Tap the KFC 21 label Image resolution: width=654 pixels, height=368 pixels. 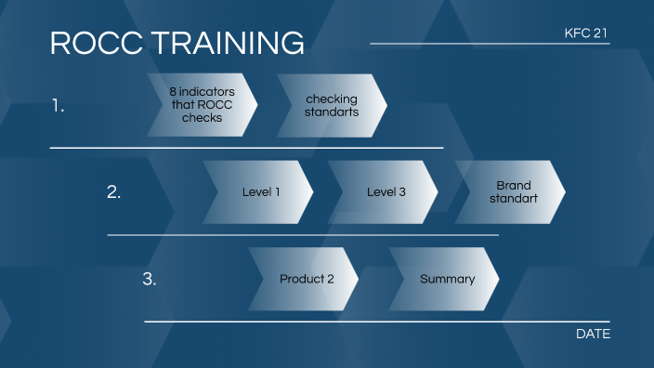[x=587, y=33]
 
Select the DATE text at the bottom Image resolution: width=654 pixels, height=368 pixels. [x=593, y=334]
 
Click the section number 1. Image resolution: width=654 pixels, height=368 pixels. [x=58, y=106]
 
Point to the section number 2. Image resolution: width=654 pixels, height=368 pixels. [x=113, y=192]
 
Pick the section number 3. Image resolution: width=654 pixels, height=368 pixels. [x=149, y=279]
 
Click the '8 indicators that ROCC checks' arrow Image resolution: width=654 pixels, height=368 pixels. [x=202, y=105]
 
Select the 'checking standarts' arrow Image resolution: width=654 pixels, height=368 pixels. [x=332, y=105]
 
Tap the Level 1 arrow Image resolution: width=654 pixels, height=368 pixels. [x=259, y=192]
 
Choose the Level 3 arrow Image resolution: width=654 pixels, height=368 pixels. [x=386, y=192]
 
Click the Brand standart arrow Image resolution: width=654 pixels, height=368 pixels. [x=512, y=192]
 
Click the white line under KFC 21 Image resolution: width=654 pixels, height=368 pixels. [x=490, y=44]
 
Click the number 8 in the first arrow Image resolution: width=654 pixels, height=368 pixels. [x=173, y=93]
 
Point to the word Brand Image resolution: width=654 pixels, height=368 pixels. [x=513, y=186]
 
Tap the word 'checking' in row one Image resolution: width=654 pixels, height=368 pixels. [x=332, y=99]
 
